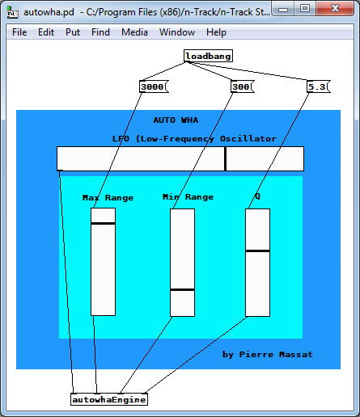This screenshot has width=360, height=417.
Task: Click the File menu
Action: pyautogui.click(x=19, y=32)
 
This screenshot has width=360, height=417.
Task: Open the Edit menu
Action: pyautogui.click(x=46, y=32)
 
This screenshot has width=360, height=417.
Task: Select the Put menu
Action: pyautogui.click(x=73, y=32)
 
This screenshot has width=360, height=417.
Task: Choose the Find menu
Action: pyautogui.click(x=100, y=32)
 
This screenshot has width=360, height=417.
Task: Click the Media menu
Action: pyautogui.click(x=134, y=32)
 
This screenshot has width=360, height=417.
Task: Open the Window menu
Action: pyautogui.click(x=177, y=32)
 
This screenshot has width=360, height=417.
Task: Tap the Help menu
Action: pyautogui.click(x=216, y=32)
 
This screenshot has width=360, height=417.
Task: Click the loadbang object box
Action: pyautogui.click(x=208, y=56)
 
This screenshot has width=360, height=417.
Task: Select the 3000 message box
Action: pyautogui.click(x=154, y=86)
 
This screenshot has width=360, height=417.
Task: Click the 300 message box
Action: pyautogui.click(x=243, y=86)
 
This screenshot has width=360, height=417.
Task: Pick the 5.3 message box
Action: pyautogui.click(x=319, y=86)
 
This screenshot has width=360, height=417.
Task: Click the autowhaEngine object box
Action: pyautogui.click(x=109, y=399)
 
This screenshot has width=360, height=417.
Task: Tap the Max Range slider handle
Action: pyautogui.click(x=103, y=224)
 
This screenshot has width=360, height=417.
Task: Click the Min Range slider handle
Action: pyautogui.click(x=182, y=290)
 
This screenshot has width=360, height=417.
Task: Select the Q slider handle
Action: pyautogui.click(x=257, y=251)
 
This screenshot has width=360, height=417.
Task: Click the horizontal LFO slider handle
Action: pyautogui.click(x=225, y=158)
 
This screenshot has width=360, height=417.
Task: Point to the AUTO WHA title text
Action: pyautogui.click(x=176, y=120)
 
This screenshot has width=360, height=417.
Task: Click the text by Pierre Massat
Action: pyautogui.click(x=268, y=355)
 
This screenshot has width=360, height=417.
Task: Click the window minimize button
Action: pyautogui.click(x=283, y=10)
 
